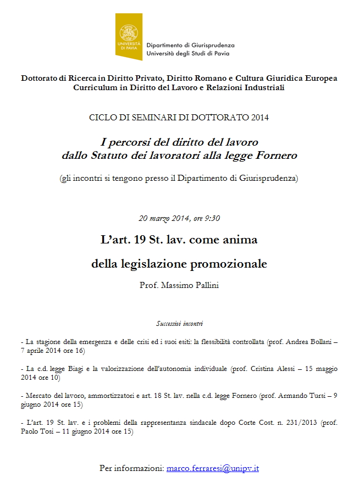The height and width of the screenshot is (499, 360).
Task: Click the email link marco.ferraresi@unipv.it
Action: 213,469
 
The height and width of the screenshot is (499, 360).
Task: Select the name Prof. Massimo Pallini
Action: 179,286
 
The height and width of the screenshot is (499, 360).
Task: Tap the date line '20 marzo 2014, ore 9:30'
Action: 179,218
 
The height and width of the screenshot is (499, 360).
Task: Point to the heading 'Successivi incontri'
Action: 179,324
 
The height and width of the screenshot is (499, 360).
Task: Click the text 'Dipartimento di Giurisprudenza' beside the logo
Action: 191,45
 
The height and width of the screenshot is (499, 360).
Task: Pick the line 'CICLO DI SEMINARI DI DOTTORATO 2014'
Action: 179,118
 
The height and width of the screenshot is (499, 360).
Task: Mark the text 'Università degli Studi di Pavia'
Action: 189,53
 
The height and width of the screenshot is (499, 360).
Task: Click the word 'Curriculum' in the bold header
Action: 97,88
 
